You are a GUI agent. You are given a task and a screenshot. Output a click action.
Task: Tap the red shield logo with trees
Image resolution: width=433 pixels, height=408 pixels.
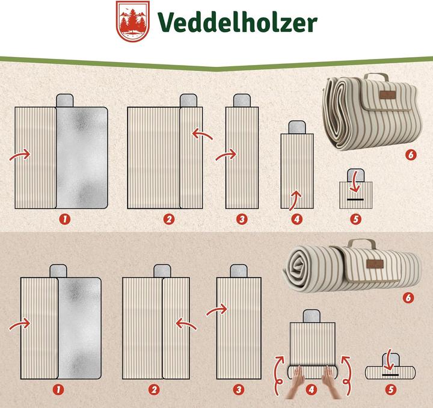pyautogui.click(x=134, y=22)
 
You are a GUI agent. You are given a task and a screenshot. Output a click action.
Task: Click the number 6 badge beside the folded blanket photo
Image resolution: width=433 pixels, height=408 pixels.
pyautogui.click(x=411, y=155)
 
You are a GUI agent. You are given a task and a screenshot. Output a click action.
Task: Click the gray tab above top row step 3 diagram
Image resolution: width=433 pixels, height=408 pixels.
pyautogui.click(x=242, y=100)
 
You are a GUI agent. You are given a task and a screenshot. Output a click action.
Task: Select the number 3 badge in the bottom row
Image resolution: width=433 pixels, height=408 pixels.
pyautogui.click(x=239, y=390)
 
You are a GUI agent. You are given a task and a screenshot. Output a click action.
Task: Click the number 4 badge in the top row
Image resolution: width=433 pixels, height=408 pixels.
pyautogui.click(x=296, y=219)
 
